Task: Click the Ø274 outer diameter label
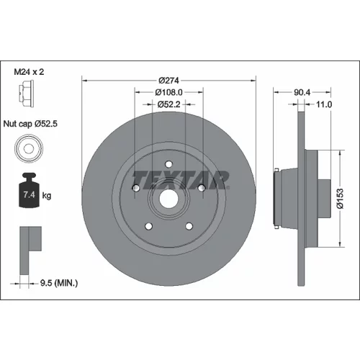(x=168, y=81)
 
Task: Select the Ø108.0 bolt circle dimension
(x=168, y=92)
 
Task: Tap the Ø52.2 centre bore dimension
(x=168, y=104)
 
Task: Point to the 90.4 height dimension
(x=302, y=92)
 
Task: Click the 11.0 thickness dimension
(x=324, y=104)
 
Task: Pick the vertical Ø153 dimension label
(x=340, y=199)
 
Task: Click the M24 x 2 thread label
(x=29, y=72)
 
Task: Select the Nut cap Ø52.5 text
(x=30, y=124)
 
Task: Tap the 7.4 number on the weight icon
(x=30, y=194)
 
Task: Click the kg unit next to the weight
(x=47, y=196)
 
